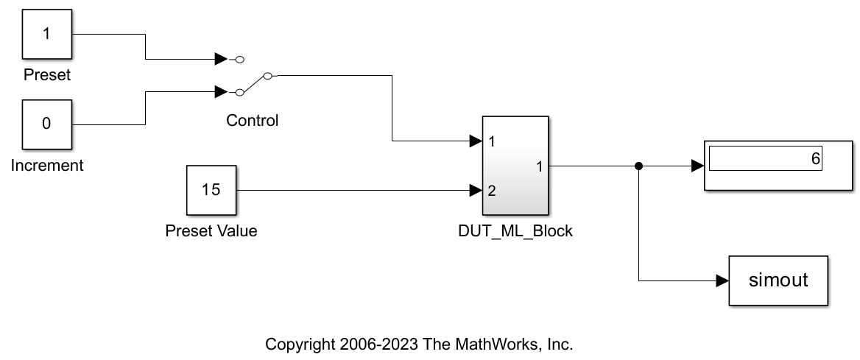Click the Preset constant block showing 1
point(46,35)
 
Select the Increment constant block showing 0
point(46,123)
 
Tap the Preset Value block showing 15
point(211,190)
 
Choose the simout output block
point(778,280)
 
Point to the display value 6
point(815,159)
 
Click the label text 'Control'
point(253,121)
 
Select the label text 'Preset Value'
point(211,231)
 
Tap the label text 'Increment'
point(47,166)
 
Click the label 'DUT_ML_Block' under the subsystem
point(515,231)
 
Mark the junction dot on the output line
point(639,166)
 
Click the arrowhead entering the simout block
point(722,280)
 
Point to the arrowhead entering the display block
point(697,166)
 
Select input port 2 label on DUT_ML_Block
point(491,191)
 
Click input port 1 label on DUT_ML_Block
point(491,141)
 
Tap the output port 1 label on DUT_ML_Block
point(540,166)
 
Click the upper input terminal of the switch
point(240,58)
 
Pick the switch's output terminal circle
point(268,75)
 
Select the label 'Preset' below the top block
point(47,75)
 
